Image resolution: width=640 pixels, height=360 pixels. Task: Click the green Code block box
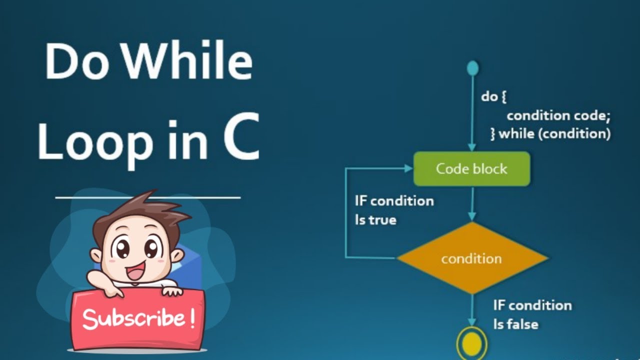(x=471, y=169)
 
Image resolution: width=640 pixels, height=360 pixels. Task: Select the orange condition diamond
(x=471, y=258)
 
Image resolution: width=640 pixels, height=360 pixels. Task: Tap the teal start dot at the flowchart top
(x=472, y=68)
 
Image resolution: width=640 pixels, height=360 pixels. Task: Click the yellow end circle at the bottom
(x=471, y=343)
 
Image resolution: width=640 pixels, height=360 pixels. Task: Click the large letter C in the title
(x=241, y=136)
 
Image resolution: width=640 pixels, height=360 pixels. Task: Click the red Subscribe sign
(x=137, y=318)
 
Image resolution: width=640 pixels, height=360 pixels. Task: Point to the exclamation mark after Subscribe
(x=192, y=318)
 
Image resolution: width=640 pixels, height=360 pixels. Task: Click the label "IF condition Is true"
(x=394, y=210)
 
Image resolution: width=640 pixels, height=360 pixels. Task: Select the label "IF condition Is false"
(x=531, y=314)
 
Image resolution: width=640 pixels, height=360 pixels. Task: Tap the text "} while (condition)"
(x=550, y=134)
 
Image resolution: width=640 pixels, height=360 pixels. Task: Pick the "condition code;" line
(x=558, y=115)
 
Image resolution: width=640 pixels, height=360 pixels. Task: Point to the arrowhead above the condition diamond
(x=471, y=216)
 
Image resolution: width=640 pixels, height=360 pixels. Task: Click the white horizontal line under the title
(x=147, y=197)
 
